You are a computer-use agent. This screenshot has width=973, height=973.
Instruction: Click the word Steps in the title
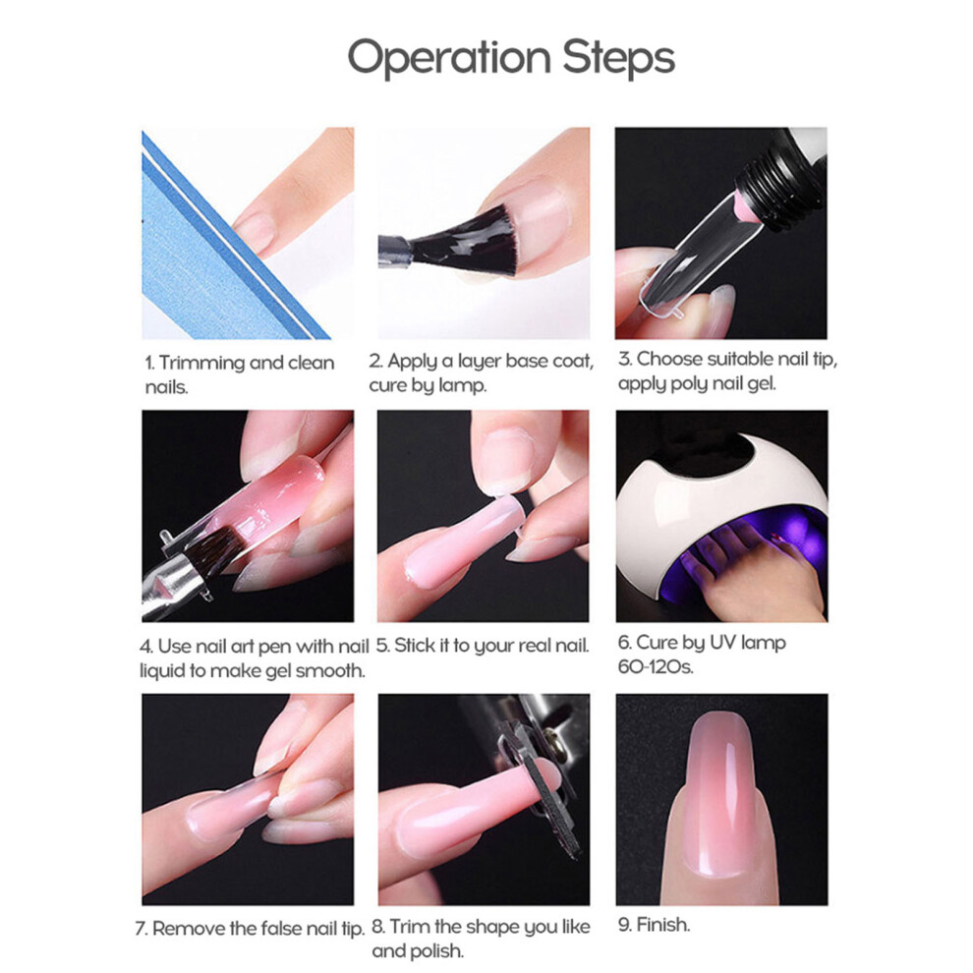(x=618, y=57)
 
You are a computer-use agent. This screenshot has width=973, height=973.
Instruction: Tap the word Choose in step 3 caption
(x=669, y=359)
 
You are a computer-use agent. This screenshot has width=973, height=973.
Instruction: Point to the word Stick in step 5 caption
(x=415, y=646)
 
